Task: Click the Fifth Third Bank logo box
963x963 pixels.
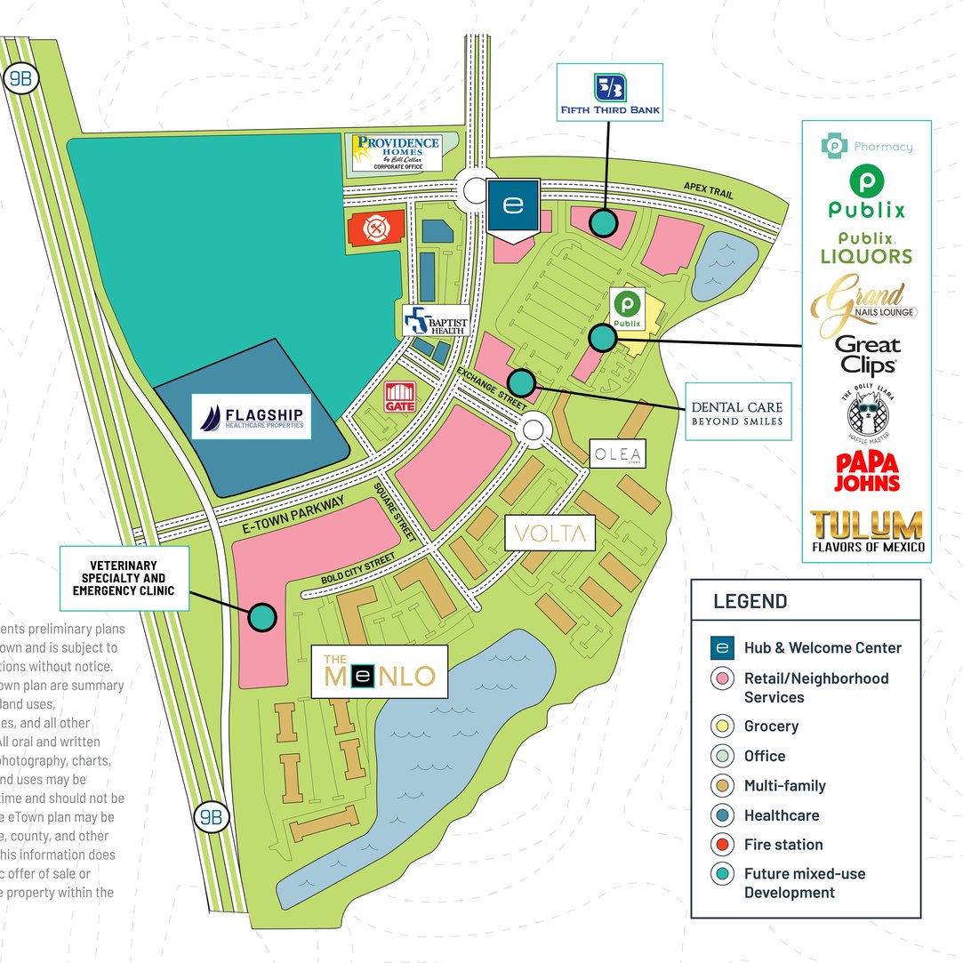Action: pos(609,92)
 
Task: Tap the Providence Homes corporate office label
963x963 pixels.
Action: pos(396,153)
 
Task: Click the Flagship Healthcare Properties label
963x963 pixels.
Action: pos(252,417)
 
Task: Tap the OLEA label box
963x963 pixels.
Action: pos(617,453)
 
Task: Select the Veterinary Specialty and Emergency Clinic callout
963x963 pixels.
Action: pos(124,578)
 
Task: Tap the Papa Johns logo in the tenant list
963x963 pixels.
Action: pos(866,472)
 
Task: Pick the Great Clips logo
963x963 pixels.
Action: pos(867,355)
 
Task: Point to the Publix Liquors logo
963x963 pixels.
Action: pos(866,248)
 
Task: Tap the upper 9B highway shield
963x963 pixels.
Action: pos(20,78)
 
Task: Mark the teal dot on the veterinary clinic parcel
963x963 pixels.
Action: pos(261,616)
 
